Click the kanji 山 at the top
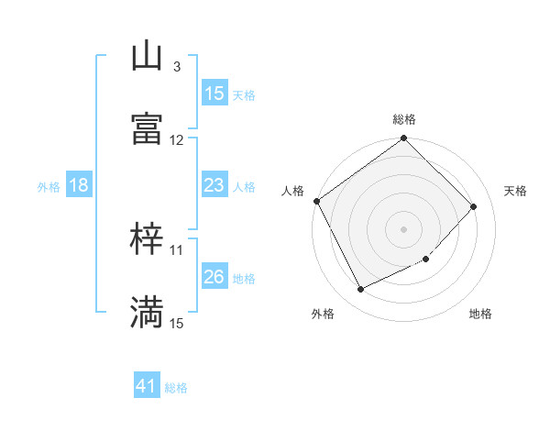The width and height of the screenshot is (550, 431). point(147,58)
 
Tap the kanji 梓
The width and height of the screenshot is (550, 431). point(147,241)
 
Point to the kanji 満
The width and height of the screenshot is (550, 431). point(147,312)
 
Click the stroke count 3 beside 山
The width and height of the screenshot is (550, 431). point(176,67)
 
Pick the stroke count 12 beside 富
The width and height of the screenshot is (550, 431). point(176,140)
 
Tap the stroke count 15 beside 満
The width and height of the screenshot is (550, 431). point(176,323)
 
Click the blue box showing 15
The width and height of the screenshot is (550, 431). point(214,94)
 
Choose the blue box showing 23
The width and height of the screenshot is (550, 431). point(214,185)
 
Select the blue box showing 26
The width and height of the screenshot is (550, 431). point(214,277)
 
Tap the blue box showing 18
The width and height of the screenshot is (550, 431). point(79,185)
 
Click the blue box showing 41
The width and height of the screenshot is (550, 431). point(147,387)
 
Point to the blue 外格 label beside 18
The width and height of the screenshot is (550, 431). point(49,187)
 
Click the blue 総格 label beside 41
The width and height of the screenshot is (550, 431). point(176,388)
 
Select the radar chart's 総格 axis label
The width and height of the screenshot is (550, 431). point(404,119)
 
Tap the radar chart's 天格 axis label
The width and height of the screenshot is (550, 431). point(516,191)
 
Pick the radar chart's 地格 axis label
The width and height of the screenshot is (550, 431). point(480,315)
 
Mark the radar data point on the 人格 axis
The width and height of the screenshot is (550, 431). point(316,201)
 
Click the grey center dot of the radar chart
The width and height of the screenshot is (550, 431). point(404,229)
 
